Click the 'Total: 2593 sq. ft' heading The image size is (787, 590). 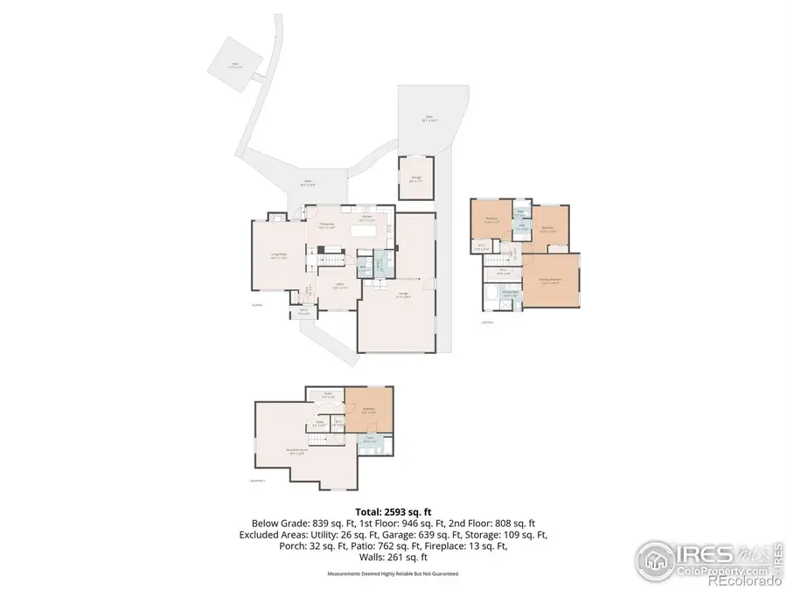coord(393,511)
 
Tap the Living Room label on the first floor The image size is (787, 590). coord(279,256)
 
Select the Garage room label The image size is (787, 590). coord(404,294)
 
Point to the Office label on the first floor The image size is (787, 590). coord(338,286)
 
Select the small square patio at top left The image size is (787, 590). coord(235,64)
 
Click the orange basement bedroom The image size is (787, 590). coord(368,409)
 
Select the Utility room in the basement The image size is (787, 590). coord(320,423)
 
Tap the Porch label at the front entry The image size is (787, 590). coord(303,309)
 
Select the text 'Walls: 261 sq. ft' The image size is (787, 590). coord(393,557)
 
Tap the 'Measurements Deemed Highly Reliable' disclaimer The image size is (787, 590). coord(393,573)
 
